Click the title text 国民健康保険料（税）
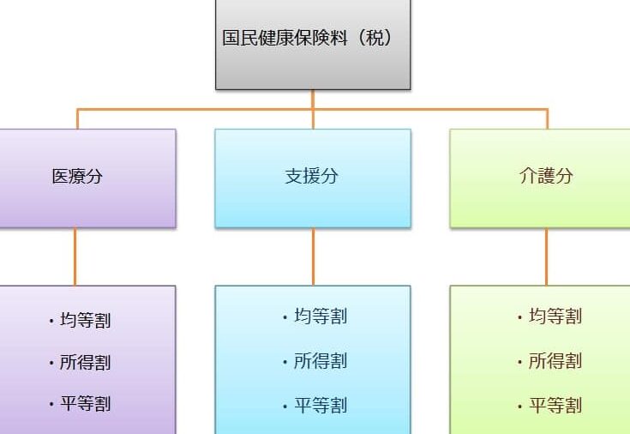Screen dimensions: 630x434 pos(308,38)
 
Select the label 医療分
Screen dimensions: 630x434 pos(77,176)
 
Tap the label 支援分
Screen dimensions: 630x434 pos(311,176)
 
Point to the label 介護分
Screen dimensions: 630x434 pos(546,176)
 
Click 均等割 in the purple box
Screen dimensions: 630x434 pos(85,320)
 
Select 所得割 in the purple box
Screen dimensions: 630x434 pos(85,362)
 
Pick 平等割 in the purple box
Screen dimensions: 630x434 pos(85,403)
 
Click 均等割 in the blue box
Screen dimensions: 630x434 pos(321,316)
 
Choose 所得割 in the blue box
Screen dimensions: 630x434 pos(321,361)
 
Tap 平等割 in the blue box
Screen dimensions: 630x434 pos(321,405)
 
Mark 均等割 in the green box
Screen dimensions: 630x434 pos(555,316)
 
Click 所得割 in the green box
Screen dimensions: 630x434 pos(555,361)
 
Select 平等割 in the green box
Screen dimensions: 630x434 pos(555,405)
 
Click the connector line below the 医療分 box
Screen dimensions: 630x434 pos(75,256)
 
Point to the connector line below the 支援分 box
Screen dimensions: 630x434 pos(313,256)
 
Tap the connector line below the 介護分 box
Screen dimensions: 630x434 pos(546,256)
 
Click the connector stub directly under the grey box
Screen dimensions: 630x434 pos(313,99)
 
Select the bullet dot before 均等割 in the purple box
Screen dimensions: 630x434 pos(51,322)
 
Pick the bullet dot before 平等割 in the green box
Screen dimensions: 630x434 pos(520,407)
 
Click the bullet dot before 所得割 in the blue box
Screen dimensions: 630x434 pos(285,363)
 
